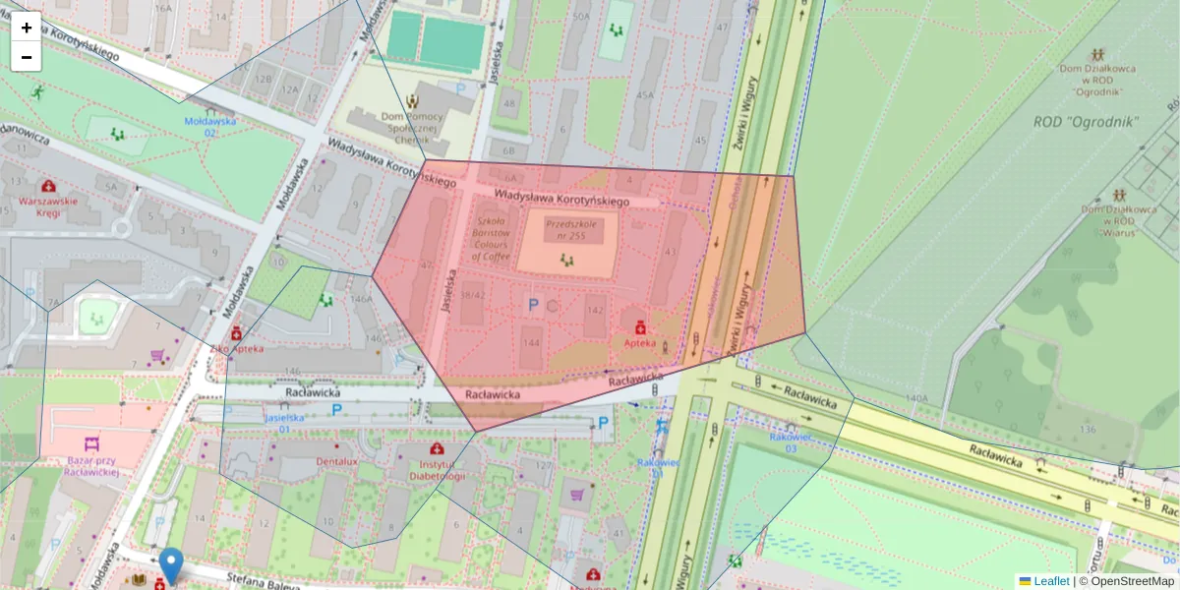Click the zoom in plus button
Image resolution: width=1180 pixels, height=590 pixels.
[27, 28]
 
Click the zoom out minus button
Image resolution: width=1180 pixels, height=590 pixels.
[27, 57]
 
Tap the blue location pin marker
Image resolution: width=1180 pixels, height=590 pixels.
[171, 564]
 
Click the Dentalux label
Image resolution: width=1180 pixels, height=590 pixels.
[336, 460]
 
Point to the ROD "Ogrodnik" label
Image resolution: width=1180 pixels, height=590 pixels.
[1086, 122]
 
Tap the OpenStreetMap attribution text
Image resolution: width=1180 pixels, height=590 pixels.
[1126, 581]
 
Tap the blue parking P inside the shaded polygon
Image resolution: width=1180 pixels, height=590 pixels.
[533, 306]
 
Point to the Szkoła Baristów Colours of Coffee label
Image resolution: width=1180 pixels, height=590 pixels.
[491, 239]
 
